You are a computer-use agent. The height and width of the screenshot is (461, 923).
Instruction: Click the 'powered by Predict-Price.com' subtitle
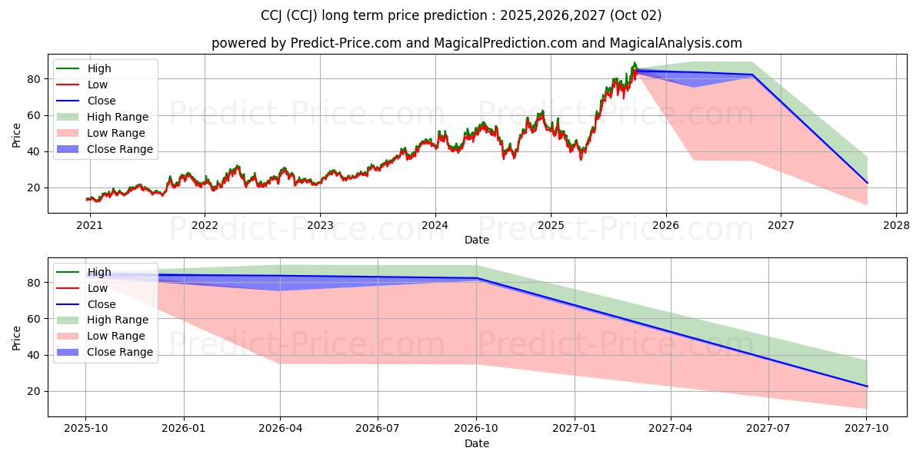(x=477, y=44)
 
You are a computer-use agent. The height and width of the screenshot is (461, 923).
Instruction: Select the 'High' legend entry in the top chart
(x=99, y=68)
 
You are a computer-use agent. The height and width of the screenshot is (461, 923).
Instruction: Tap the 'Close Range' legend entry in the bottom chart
(x=120, y=352)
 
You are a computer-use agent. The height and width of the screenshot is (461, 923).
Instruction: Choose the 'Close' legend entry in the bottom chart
(x=102, y=304)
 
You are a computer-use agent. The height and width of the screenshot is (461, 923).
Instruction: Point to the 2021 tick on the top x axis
(x=90, y=225)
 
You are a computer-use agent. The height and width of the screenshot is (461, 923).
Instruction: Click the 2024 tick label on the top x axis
(x=435, y=225)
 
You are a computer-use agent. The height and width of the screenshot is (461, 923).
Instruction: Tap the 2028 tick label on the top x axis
(x=896, y=225)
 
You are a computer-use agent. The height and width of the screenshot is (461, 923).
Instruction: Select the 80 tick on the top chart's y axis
(x=34, y=79)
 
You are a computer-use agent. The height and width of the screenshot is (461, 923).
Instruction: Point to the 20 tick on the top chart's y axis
(x=34, y=187)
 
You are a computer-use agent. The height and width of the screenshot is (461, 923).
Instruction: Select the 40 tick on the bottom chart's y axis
(x=34, y=355)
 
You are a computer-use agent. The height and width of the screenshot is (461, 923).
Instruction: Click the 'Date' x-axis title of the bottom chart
(x=477, y=443)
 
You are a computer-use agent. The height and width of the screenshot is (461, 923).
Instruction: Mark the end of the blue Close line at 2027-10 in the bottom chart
(x=867, y=386)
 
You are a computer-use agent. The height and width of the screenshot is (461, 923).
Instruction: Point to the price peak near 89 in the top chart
(x=635, y=63)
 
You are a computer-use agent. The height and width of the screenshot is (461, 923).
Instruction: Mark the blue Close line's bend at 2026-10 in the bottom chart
(x=476, y=278)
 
